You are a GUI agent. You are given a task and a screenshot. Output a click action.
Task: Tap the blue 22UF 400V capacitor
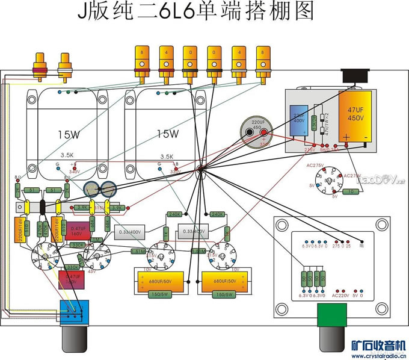point(299,118)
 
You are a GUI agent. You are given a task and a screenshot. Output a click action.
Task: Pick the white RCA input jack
point(64,64)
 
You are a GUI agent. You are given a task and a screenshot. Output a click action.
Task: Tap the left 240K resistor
point(175,214)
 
